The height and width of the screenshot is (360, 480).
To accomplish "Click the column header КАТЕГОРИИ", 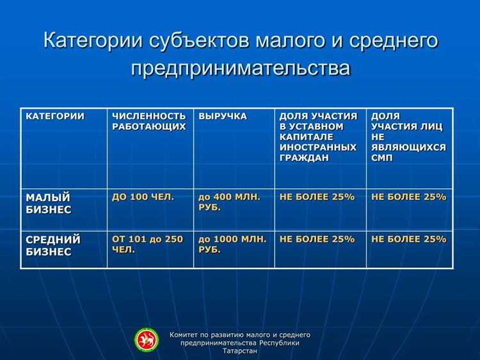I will [x=54, y=116].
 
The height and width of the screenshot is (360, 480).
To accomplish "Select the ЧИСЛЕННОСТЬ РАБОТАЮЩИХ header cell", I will [x=148, y=121].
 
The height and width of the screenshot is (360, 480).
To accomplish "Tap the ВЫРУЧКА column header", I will [x=222, y=116].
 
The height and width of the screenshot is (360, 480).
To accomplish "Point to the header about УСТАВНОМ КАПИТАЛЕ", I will [x=318, y=136].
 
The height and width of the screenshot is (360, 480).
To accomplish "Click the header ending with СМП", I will [x=408, y=136].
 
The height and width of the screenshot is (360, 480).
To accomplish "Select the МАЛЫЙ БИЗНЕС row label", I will [x=49, y=203].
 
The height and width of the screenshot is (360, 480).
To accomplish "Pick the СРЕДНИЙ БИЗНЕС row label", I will [x=53, y=245].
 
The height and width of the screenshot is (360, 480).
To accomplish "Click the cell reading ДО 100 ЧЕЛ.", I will [x=143, y=197].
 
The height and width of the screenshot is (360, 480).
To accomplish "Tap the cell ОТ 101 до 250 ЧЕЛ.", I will [x=147, y=244].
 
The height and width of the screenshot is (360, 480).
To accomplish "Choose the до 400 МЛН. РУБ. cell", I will [x=229, y=202].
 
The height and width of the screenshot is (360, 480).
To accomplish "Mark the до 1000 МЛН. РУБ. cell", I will [x=232, y=244].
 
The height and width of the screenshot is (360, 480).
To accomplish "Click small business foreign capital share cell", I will [x=317, y=197].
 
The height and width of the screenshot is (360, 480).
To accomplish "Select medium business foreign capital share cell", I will [x=317, y=239].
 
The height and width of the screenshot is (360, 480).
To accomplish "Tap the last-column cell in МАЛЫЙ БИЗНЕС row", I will [x=408, y=197].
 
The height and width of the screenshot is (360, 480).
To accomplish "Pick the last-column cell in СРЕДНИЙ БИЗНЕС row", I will [x=408, y=239].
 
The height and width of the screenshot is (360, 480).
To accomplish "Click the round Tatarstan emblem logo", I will [x=147, y=340].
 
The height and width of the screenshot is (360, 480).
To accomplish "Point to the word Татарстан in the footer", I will [x=240, y=351].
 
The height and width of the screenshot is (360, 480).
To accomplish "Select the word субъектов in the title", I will [x=201, y=40].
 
